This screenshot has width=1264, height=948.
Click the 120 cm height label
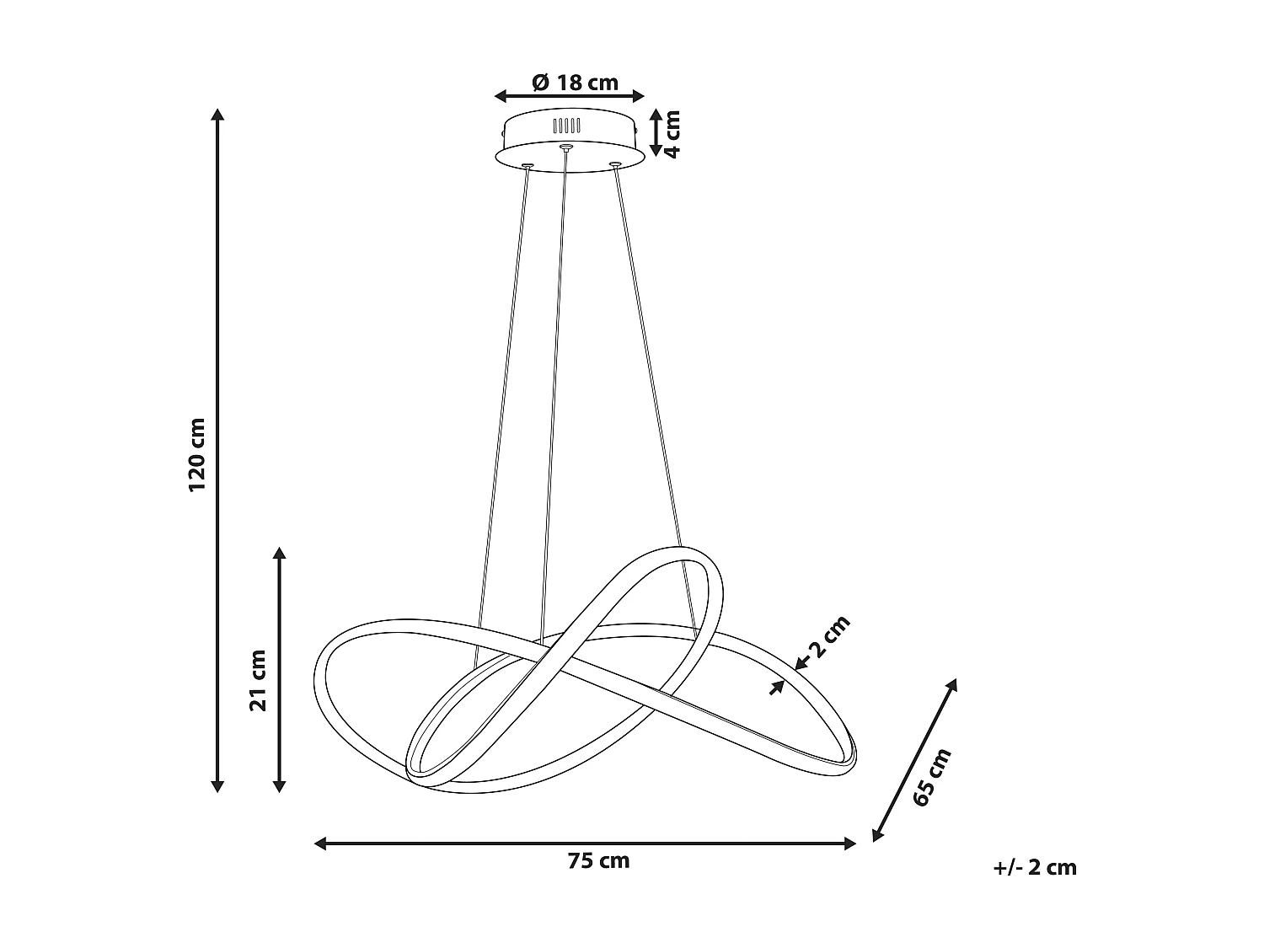pyautogui.click(x=197, y=454)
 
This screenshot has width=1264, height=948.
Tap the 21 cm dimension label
pyautogui.click(x=259, y=680)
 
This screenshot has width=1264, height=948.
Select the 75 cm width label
pyautogui.click(x=598, y=861)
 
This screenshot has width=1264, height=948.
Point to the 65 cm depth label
pyautogui.click(x=932, y=777)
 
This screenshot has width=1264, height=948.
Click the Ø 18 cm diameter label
pyautogui.click(x=576, y=83)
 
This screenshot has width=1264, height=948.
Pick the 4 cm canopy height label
pyautogui.click(x=672, y=133)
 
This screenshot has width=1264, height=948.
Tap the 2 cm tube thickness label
pyautogui.click(x=828, y=638)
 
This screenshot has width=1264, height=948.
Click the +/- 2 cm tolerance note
pyautogui.click(x=1036, y=868)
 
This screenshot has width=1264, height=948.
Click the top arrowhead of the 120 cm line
pyautogui.click(x=217, y=115)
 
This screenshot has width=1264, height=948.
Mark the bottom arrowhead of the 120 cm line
pyautogui.click(x=217, y=786)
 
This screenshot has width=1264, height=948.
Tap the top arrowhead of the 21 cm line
pyautogui.click(x=280, y=554)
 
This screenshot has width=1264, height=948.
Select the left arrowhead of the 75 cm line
pyautogui.click(x=320, y=843)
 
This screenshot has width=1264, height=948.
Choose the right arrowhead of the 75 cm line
pyautogui.click(x=850, y=843)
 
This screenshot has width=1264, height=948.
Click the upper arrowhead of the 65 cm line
pyautogui.click(x=953, y=684)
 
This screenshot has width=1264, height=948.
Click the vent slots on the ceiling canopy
pyautogui.click(x=566, y=126)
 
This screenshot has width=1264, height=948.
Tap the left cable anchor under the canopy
pyautogui.click(x=527, y=165)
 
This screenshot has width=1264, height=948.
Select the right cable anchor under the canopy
pyautogui.click(x=615, y=163)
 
